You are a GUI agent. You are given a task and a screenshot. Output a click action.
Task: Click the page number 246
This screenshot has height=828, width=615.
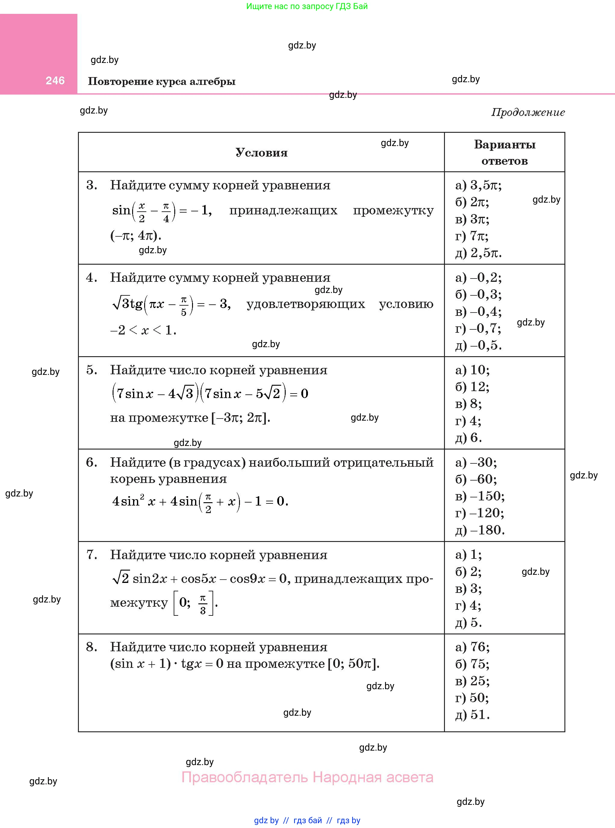(x=55, y=80)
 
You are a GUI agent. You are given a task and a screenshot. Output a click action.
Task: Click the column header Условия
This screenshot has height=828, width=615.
(x=261, y=153)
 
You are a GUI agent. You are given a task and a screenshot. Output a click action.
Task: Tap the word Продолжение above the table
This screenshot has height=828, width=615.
(x=528, y=112)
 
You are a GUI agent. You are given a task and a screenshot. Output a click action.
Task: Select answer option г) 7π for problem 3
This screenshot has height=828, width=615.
(x=472, y=236)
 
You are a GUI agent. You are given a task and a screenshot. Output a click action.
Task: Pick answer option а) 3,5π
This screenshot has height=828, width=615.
(x=478, y=185)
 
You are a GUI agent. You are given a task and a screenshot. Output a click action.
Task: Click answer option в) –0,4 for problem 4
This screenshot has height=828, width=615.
(x=478, y=311)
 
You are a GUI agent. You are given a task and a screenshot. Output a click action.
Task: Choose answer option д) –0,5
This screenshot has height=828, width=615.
(x=478, y=345)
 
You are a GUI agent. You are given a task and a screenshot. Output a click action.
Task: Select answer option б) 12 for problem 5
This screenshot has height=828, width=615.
(x=472, y=387)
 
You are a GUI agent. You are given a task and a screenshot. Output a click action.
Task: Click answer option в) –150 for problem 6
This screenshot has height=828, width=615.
(x=480, y=496)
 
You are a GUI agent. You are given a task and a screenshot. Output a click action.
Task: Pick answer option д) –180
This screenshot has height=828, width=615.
(x=480, y=530)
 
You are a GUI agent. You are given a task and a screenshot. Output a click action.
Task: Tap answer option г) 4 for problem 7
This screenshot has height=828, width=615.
(x=468, y=605)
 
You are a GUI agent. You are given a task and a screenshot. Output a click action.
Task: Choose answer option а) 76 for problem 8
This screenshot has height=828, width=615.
(x=472, y=647)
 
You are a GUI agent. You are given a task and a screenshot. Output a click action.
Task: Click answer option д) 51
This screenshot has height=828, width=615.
(x=472, y=715)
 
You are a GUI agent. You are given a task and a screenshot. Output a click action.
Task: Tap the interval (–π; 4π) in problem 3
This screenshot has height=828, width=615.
(x=136, y=235)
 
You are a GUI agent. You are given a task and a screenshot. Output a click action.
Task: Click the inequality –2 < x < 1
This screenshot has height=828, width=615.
(x=143, y=330)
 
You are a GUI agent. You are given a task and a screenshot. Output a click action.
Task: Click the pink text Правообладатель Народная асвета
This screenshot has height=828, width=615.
(x=307, y=777)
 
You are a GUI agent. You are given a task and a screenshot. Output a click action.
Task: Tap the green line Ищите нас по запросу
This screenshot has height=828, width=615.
(x=307, y=6)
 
